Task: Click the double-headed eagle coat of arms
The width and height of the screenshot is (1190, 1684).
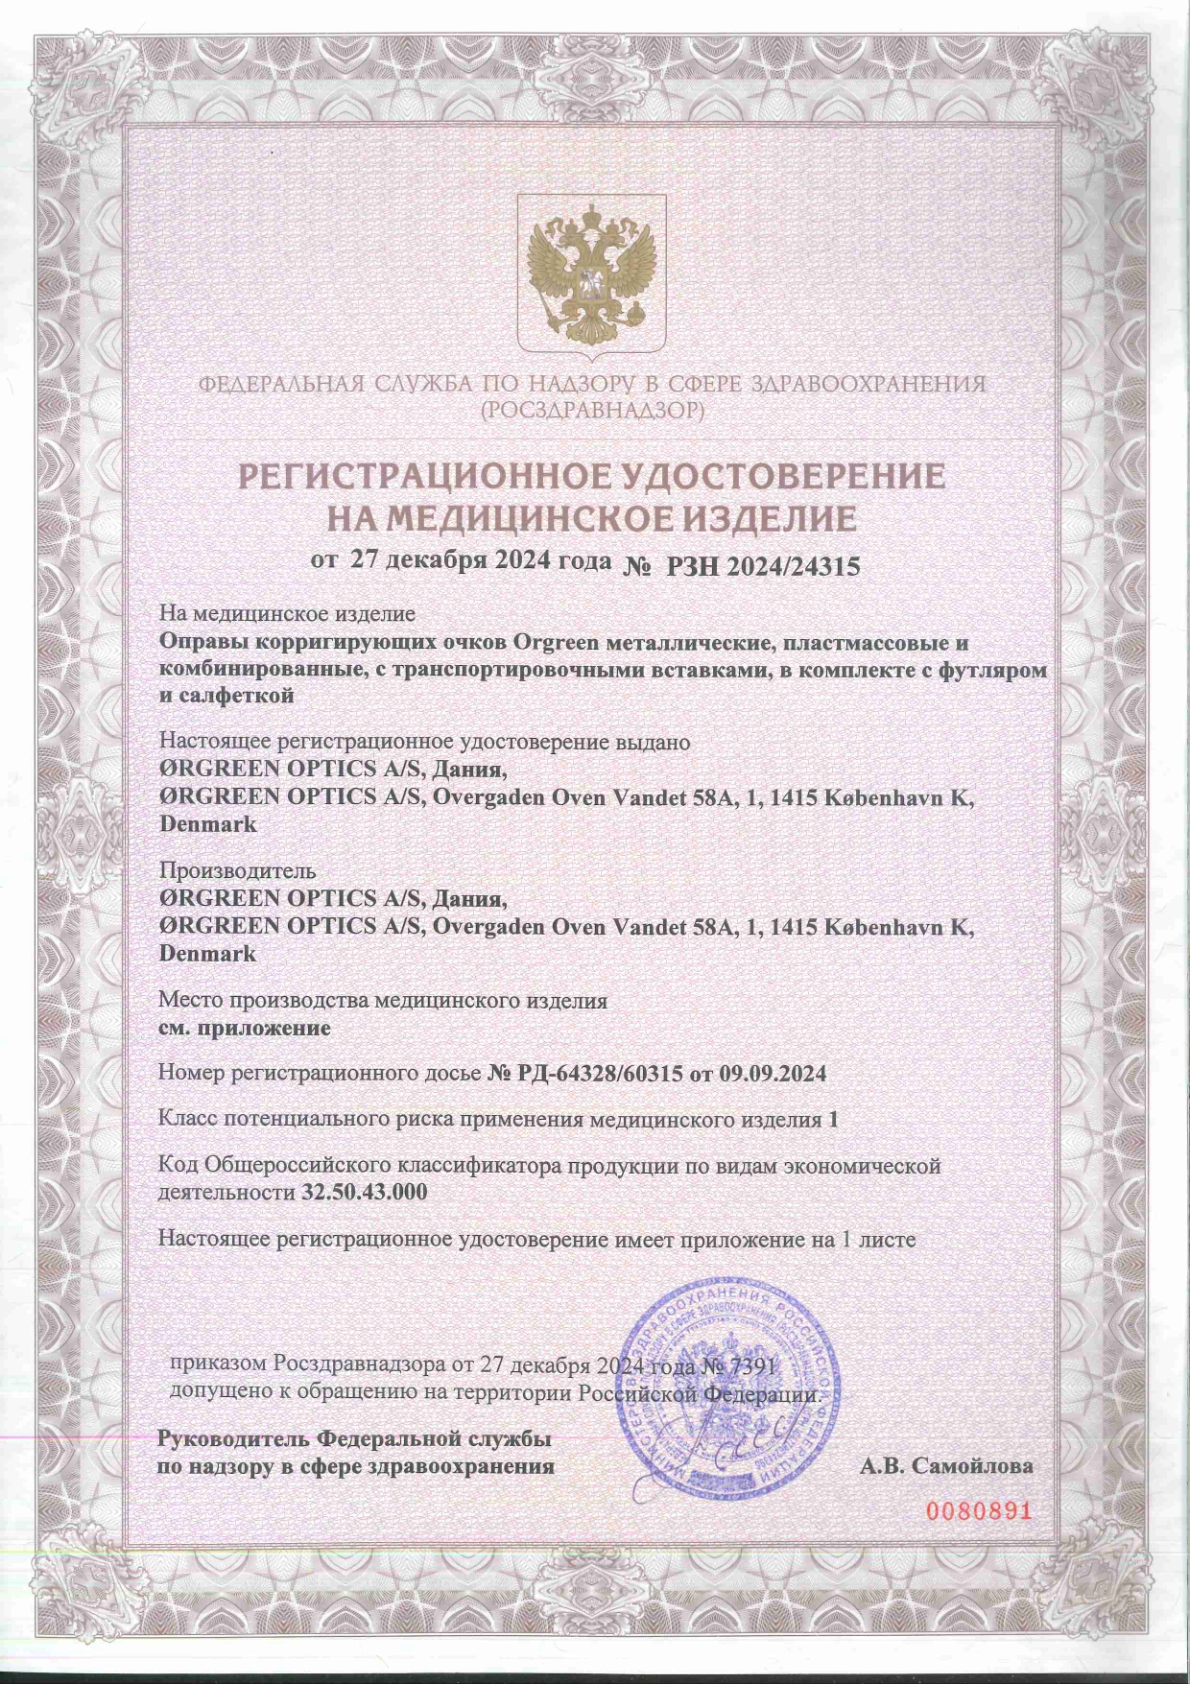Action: coord(591,274)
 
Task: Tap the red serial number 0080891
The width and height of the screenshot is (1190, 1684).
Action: coord(978,1510)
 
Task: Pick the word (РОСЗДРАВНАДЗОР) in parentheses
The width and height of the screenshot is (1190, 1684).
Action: coord(593,412)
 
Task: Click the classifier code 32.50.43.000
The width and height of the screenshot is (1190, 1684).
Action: coord(365,1193)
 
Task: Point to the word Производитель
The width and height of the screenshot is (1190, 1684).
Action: coord(236,871)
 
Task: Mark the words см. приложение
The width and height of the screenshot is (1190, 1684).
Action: coord(244,1028)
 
